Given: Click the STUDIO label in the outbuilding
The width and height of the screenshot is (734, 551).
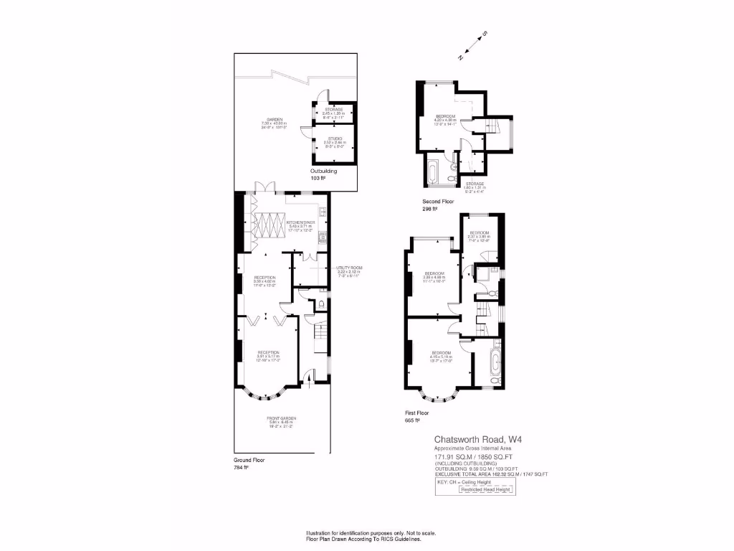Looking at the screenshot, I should point(333,138).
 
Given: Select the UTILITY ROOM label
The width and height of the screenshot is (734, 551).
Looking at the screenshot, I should point(350,268).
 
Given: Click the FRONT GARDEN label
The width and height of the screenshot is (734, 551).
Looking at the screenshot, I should point(282,418).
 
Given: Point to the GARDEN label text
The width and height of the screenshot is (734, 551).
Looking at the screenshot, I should point(275,120).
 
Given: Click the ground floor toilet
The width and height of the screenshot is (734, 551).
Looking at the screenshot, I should point(321,304).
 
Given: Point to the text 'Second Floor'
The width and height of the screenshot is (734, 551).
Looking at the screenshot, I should point(437,202).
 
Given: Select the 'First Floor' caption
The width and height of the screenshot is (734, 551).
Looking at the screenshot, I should point(419,414).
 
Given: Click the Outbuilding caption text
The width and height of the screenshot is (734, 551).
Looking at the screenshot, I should point(323,172).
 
